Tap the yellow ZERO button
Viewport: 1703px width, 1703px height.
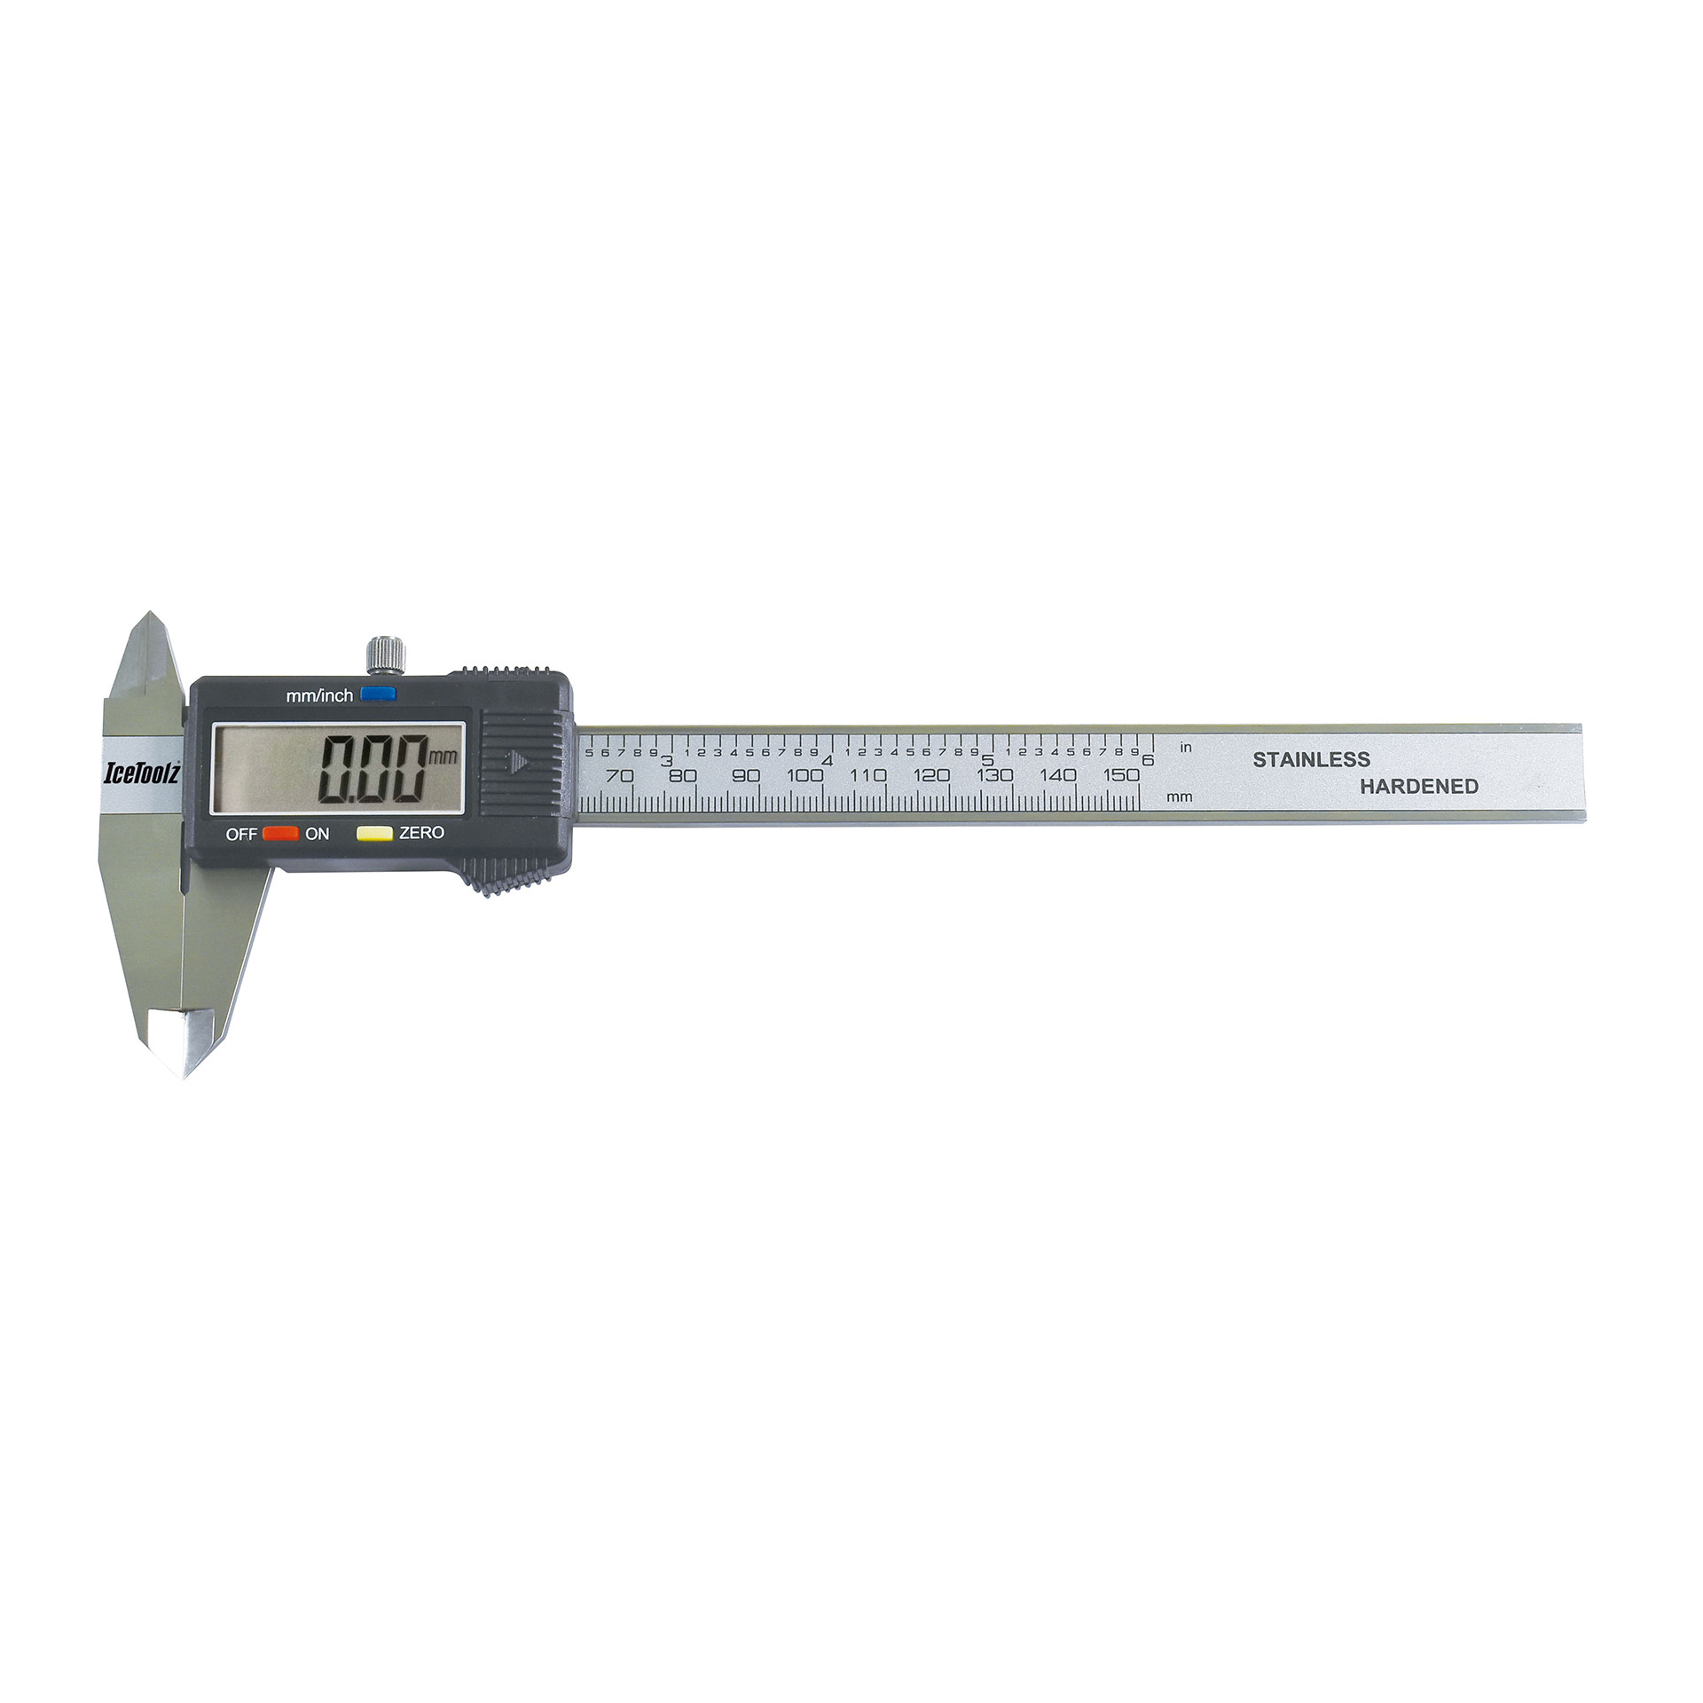click(x=374, y=833)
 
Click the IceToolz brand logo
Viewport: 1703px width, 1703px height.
click(x=143, y=773)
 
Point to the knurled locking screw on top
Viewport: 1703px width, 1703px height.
click(x=386, y=655)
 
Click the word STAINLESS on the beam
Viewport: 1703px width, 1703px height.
click(x=1311, y=759)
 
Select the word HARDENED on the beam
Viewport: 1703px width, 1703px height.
click(x=1419, y=786)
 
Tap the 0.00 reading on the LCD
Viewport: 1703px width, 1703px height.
click(x=373, y=770)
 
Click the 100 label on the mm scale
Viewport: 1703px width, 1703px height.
click(x=804, y=775)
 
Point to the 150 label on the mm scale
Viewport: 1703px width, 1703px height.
click(x=1121, y=775)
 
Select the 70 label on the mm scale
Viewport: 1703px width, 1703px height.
click(x=619, y=775)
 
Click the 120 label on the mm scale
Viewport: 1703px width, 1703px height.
click(x=931, y=775)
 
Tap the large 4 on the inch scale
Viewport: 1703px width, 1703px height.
click(x=827, y=760)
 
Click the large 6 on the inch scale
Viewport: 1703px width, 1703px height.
click(x=1148, y=760)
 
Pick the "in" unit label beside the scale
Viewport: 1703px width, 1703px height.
click(x=1186, y=748)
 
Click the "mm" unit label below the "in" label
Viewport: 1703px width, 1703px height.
click(x=1180, y=797)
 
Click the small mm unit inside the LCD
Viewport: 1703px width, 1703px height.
click(x=443, y=757)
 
